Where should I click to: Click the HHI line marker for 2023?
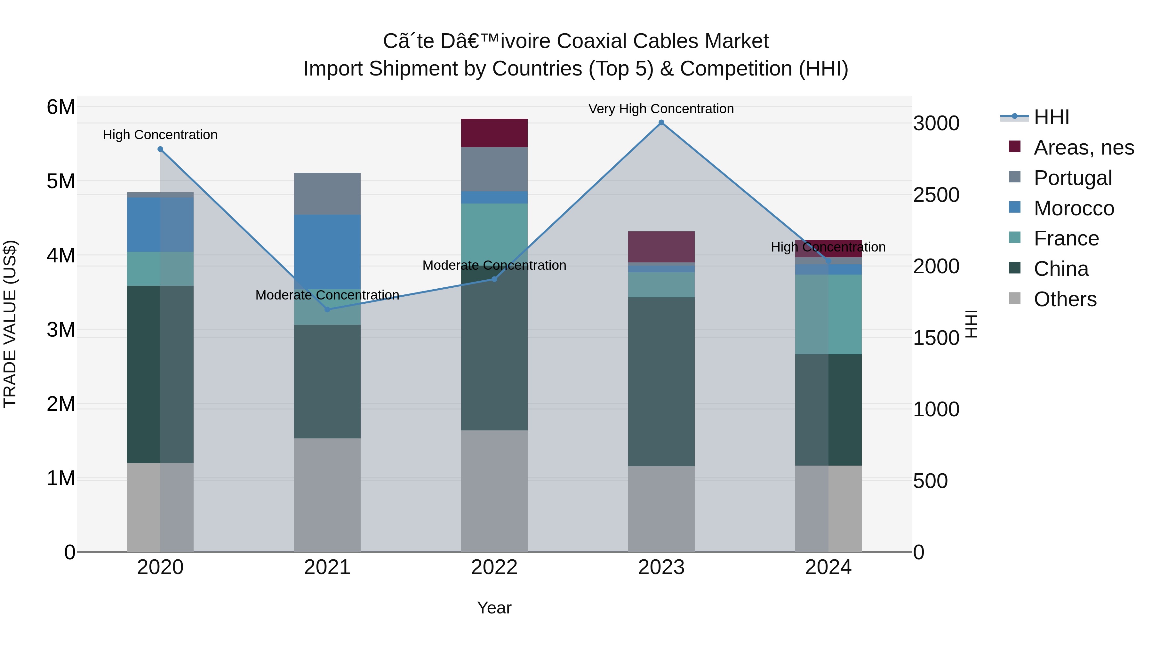tap(661, 123)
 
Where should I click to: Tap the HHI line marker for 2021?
tap(327, 309)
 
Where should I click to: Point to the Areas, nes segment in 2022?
tap(494, 133)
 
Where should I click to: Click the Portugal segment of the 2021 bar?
tap(327, 194)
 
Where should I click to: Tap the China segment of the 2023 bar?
tap(661, 381)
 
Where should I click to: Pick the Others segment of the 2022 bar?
tap(494, 491)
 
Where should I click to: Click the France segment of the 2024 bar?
tap(828, 314)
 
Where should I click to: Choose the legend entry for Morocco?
tap(1073, 208)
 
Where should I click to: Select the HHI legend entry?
tap(1051, 117)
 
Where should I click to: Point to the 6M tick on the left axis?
tap(61, 107)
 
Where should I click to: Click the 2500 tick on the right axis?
tap(936, 195)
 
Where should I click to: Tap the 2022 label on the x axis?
tap(494, 567)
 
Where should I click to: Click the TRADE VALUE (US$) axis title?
tap(10, 324)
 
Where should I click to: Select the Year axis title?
tap(494, 608)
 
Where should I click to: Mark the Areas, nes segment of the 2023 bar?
tap(661, 247)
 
